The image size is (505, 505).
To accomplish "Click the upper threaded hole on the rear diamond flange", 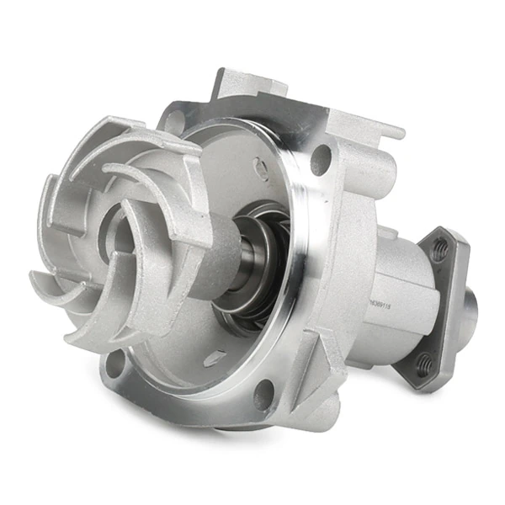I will [439, 249].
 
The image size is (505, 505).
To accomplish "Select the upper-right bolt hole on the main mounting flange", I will [321, 160].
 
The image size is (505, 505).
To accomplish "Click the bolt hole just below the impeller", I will [115, 364].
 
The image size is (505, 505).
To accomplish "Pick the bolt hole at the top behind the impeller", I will [173, 120].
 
